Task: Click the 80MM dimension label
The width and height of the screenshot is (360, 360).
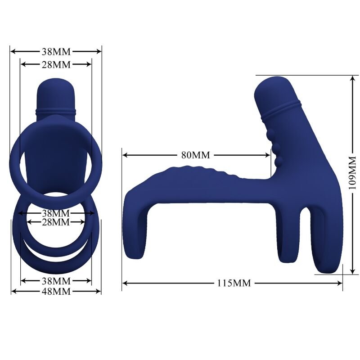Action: click(x=196, y=155)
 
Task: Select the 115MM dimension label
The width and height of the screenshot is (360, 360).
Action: click(x=234, y=283)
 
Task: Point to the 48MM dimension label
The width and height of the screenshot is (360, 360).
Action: click(x=56, y=291)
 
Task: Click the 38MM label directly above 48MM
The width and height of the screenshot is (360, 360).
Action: click(x=56, y=281)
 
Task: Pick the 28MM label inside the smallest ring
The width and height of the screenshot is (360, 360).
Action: click(x=56, y=222)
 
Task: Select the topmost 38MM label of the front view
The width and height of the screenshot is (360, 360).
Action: click(x=56, y=51)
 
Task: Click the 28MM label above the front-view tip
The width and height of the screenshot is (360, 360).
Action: click(x=56, y=64)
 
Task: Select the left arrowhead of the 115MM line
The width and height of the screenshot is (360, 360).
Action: click(x=125, y=283)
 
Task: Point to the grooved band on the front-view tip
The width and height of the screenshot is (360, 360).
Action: click(x=56, y=109)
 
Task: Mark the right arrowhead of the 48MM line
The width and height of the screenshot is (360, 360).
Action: click(x=99, y=291)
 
